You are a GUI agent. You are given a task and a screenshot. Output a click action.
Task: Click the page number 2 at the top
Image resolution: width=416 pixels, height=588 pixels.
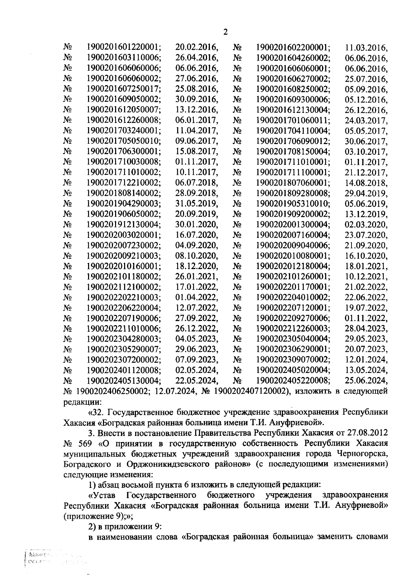coord(226,32)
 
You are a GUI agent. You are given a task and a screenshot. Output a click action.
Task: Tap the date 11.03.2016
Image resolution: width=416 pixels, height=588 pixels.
coord(366,47)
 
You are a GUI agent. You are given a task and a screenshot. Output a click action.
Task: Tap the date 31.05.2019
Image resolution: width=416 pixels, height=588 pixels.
coord(197,204)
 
